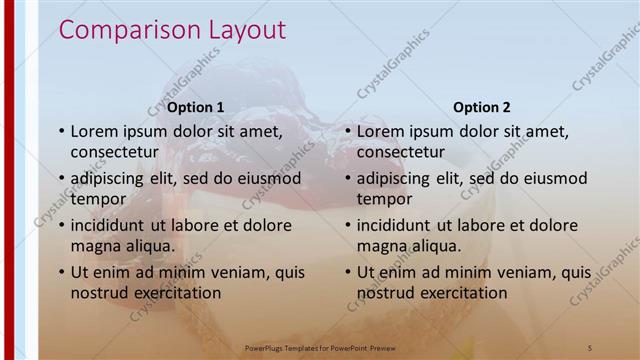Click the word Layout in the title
242,31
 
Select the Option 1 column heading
196,107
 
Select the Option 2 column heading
482,107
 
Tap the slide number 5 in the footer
591,347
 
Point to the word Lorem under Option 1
96,131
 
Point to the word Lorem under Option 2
382,131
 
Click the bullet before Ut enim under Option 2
348,272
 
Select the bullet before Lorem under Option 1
62,131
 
